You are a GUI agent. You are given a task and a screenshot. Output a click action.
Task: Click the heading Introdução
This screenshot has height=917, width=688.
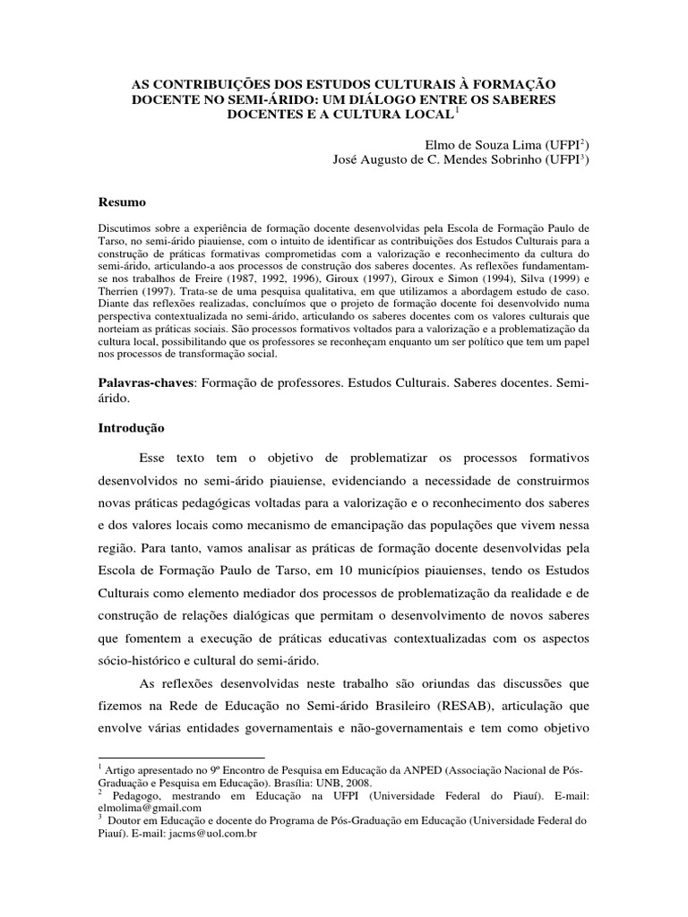(x=133, y=428)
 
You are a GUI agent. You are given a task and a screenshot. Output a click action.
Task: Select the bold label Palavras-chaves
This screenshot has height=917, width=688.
(x=144, y=382)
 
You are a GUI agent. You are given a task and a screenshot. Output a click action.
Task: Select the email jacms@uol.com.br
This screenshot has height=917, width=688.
(x=220, y=832)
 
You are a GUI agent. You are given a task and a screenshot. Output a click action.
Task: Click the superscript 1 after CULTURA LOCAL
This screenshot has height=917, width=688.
(x=456, y=109)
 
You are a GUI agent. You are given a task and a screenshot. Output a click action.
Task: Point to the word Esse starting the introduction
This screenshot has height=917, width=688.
(x=155, y=459)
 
